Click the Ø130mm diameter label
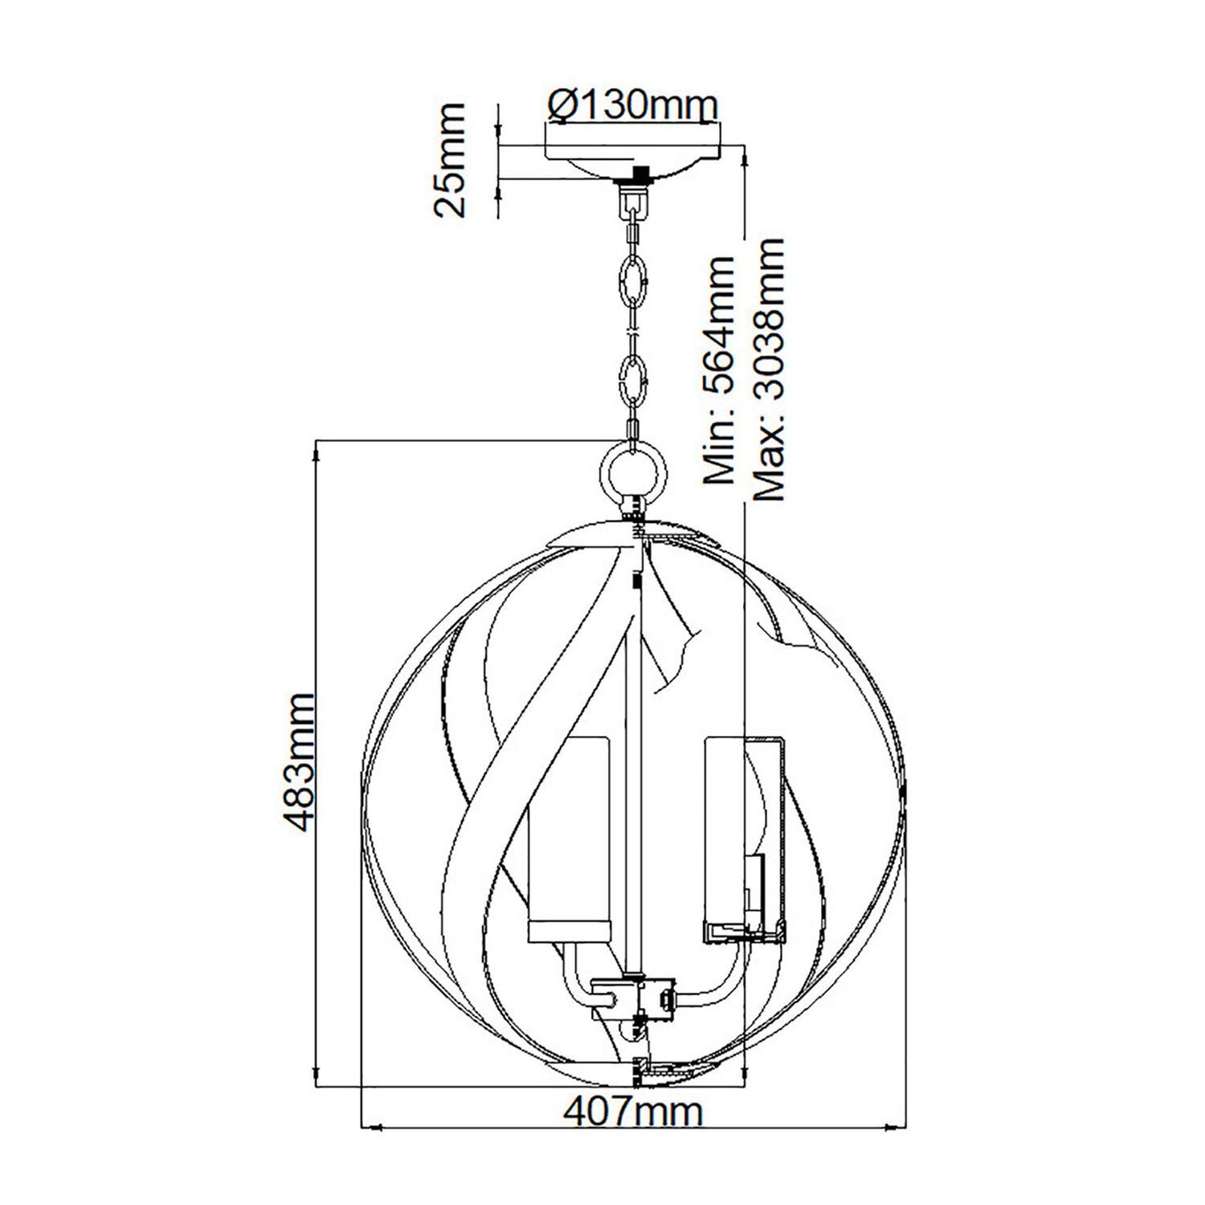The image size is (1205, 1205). pos(632,104)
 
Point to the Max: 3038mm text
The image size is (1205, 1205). pos(767,370)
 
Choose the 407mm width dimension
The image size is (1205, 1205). pos(632,1112)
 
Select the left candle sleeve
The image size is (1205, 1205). pos(569,835)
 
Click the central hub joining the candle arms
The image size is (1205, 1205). pos(635,998)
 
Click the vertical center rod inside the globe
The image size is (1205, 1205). pos(634,763)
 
